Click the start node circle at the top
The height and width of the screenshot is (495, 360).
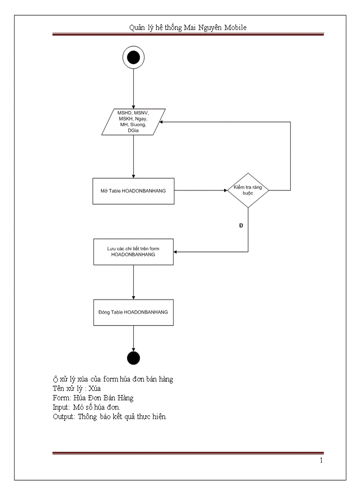(133, 58)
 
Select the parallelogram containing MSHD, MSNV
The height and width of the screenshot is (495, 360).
(133, 122)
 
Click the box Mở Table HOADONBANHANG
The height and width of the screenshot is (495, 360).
(133, 191)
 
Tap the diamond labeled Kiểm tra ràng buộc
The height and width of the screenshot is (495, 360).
(248, 190)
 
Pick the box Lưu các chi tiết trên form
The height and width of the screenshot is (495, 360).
(133, 252)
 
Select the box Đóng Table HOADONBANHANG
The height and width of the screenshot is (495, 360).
(133, 312)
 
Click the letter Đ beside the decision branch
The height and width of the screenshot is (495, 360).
(241, 226)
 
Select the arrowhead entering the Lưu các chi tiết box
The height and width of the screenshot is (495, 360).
(176, 252)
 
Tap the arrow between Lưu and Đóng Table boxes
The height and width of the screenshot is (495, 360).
(133, 282)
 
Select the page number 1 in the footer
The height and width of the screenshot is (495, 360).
(321, 461)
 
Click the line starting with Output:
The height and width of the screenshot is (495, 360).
(109, 417)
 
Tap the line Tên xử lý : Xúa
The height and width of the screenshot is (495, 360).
(77, 388)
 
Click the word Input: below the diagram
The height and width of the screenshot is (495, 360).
(61, 407)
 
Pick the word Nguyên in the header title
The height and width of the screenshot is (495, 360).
(206, 27)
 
